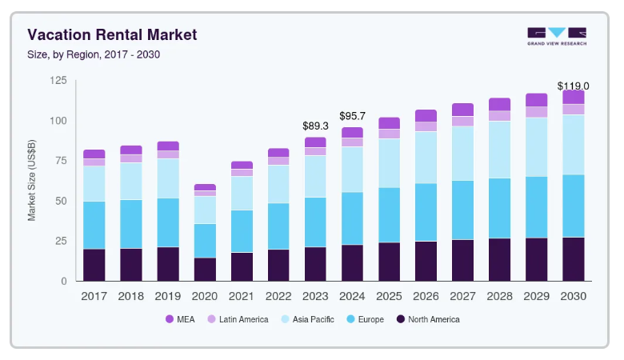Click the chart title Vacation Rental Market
pyautogui.click(x=112, y=35)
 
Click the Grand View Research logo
pyautogui.click(x=556, y=36)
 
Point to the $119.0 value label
pyautogui.click(x=573, y=86)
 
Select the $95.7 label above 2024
pyautogui.click(x=352, y=116)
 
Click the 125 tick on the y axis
pyautogui.click(x=58, y=81)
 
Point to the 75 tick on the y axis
pyautogui.click(x=61, y=161)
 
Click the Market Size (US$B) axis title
pyautogui.click(x=32, y=181)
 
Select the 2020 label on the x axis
pyautogui.click(x=205, y=296)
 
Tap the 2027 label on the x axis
pyautogui.click(x=462, y=296)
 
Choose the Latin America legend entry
pyautogui.click(x=237, y=320)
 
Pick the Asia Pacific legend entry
pyautogui.click(x=307, y=320)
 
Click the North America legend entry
pyautogui.click(x=428, y=320)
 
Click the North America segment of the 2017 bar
pyautogui.click(x=94, y=265)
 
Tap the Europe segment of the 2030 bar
pyautogui.click(x=573, y=206)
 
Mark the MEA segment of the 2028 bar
pyautogui.click(x=499, y=104)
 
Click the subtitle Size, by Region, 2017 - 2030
pyautogui.click(x=98, y=54)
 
